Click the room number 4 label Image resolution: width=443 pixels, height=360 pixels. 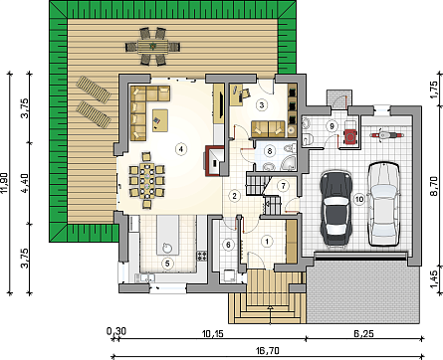[x=181, y=149]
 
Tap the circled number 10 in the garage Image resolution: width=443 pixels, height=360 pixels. [x=359, y=199]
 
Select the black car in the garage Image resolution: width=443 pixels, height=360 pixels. [x=335, y=208]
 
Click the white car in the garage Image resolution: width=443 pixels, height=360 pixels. [x=384, y=204]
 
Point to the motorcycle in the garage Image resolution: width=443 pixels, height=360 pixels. [x=386, y=135]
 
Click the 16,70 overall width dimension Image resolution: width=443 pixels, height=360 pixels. [x=267, y=350]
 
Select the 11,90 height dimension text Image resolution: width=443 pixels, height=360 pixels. [x=4, y=182]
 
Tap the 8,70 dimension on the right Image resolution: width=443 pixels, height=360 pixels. [x=434, y=186]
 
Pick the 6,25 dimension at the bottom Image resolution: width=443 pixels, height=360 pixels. [x=364, y=333]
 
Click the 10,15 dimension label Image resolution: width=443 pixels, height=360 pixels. [x=213, y=333]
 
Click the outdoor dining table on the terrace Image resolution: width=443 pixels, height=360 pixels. [x=153, y=47]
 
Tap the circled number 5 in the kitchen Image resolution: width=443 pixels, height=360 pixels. [x=167, y=264]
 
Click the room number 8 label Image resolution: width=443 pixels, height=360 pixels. [x=270, y=151]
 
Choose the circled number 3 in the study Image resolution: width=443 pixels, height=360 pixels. [x=262, y=105]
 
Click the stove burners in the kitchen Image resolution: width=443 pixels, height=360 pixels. [x=201, y=256]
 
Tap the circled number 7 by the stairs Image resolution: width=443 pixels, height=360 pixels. [x=283, y=186]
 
